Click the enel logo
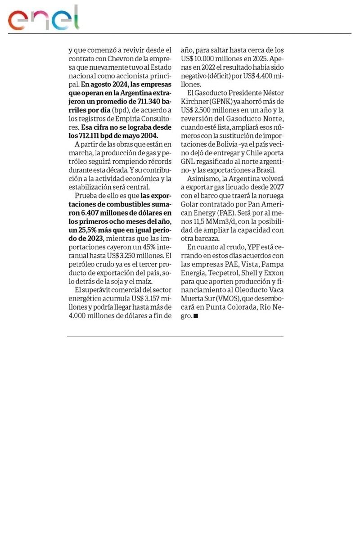43,18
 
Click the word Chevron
118,58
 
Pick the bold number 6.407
92,212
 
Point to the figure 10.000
203,58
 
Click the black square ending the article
195,316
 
